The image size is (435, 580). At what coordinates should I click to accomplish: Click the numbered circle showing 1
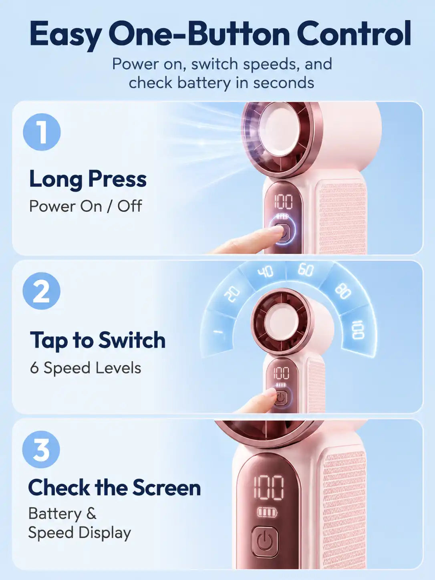coord(42,132)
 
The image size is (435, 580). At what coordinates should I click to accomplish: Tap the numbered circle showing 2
coord(42,291)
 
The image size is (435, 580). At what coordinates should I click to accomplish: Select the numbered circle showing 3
coord(41,449)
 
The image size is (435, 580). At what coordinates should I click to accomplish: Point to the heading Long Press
coord(88,179)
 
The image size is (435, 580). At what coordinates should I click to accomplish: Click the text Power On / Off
coord(86,206)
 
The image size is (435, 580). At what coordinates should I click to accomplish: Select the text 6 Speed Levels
coord(86,368)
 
